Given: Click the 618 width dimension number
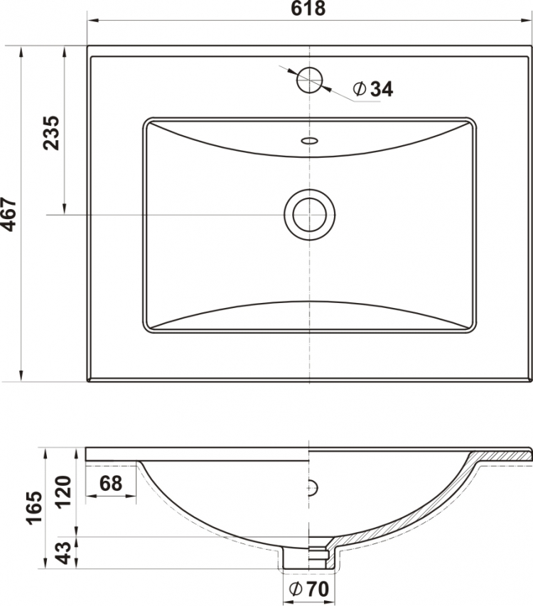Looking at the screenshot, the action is click(x=308, y=9).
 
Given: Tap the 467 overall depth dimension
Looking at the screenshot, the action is click(x=9, y=215).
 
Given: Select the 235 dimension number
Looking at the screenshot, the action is click(x=51, y=132).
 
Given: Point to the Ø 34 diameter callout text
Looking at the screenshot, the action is click(x=373, y=89).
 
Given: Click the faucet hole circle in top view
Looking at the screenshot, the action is click(x=309, y=80).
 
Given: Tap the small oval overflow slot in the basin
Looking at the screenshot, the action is click(x=309, y=141).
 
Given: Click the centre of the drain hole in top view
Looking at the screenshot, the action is click(x=309, y=215).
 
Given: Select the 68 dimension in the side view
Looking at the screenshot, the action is click(x=111, y=483).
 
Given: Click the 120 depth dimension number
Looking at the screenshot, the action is click(x=64, y=491).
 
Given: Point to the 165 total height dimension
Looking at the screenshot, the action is click(x=34, y=508).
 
